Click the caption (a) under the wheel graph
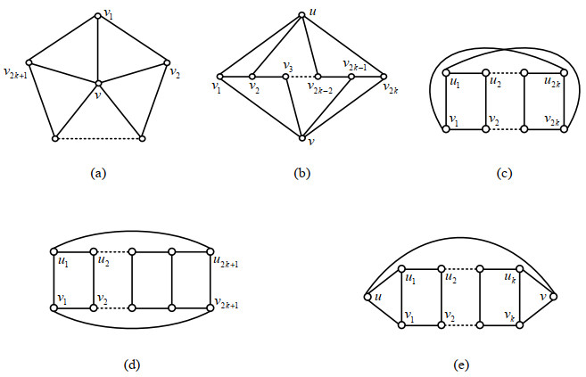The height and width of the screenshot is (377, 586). click(99, 174)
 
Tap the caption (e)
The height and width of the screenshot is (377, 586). click(460, 365)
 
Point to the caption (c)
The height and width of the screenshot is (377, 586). click(505, 174)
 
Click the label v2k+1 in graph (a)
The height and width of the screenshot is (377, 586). click(14, 71)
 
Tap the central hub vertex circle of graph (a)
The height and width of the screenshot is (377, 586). click(99, 84)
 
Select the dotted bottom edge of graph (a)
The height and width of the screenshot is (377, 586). click(98, 138)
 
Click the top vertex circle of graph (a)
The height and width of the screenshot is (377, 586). click(98, 14)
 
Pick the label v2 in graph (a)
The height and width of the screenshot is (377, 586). click(176, 71)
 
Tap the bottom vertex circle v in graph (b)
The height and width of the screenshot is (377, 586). click(302, 138)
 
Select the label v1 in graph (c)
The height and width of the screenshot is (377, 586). click(456, 120)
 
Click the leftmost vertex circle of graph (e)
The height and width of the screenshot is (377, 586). click(367, 296)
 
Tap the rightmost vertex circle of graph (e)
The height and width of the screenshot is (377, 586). click(554, 296)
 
